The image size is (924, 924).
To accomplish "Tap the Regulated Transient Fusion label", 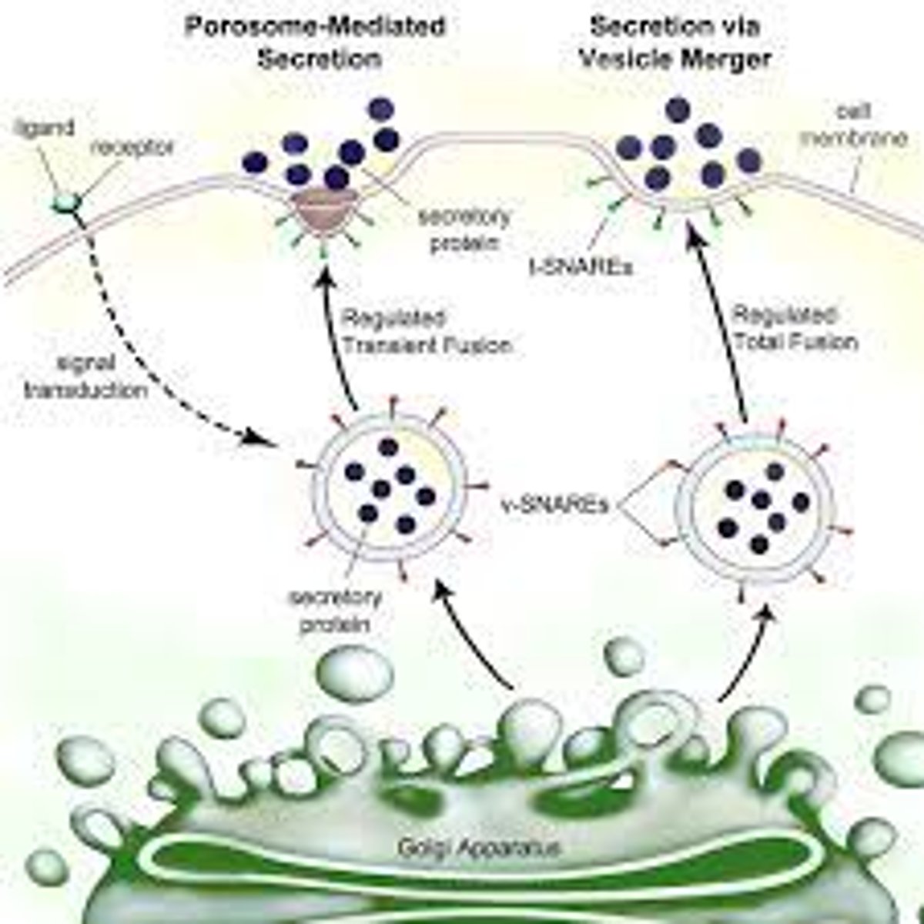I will click(x=426, y=332).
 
